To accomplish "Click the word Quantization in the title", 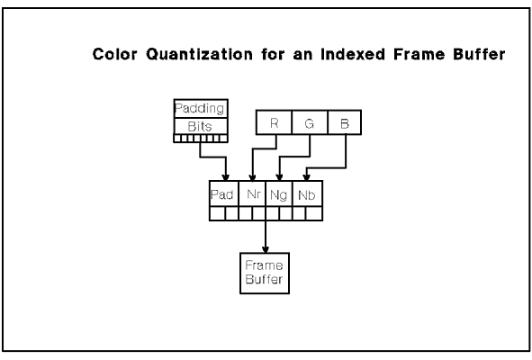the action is [200, 54].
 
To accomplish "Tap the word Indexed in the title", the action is [353, 54].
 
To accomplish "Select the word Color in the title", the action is [115, 54].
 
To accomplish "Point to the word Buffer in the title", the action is [479, 54].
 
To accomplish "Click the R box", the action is [274, 122].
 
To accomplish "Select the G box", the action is [310, 122].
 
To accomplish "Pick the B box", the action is [345, 122].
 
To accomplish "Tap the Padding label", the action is [200, 109].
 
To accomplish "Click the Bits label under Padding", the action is [200, 127].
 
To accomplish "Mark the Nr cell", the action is [252, 193].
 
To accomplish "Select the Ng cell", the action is [279, 193].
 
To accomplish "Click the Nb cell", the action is [307, 193].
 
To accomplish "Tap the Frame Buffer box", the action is [265, 273].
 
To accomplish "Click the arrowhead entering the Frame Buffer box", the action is [266, 249].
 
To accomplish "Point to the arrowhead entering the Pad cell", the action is [226, 177].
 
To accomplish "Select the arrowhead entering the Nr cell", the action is [252, 177].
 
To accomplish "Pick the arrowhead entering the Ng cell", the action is [279, 177].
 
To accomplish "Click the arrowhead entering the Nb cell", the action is [306, 177].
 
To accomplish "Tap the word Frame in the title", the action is [419, 54].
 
